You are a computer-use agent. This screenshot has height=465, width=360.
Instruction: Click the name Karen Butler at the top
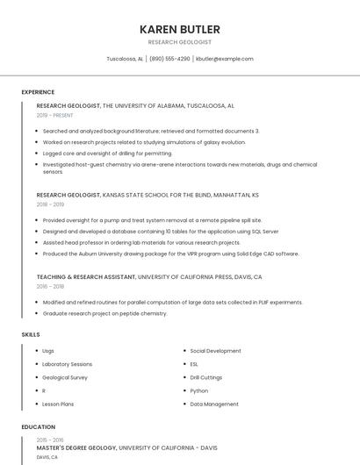point(179,29)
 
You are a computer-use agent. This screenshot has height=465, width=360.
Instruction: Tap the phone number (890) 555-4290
point(169,59)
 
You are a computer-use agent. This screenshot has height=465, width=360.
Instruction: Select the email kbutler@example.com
point(225,59)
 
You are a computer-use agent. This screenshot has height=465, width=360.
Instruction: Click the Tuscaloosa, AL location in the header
point(125,59)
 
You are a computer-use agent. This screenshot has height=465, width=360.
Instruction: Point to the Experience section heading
point(38,92)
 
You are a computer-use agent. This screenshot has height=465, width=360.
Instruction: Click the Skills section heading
point(31,334)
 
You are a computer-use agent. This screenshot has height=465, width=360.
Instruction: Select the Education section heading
point(38,427)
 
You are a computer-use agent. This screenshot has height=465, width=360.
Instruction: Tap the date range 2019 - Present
point(54,115)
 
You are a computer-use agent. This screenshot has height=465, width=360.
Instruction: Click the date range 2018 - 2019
point(51,204)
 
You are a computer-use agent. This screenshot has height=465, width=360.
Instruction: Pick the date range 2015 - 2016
point(50,440)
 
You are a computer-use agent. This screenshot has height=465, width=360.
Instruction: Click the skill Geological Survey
point(65,377)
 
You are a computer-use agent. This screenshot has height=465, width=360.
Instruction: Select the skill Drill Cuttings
point(206,377)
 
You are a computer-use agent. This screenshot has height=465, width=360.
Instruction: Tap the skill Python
point(199,390)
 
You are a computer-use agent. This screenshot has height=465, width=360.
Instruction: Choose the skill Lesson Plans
point(58,404)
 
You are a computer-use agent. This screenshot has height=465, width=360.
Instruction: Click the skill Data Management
point(214,404)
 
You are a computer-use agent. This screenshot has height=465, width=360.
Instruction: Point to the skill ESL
point(194,364)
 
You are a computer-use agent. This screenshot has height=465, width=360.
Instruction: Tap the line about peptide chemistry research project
point(104,313)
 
